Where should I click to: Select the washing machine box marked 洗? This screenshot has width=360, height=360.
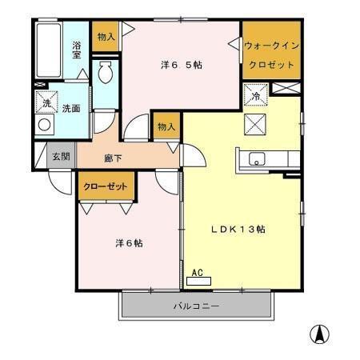point(45,102)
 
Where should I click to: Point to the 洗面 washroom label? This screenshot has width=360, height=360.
point(71,109)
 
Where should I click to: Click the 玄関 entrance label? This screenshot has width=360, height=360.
point(61,157)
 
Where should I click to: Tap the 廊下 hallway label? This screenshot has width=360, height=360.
point(112,158)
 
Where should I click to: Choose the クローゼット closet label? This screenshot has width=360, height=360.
point(105,186)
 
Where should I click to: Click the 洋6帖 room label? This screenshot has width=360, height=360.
point(127,243)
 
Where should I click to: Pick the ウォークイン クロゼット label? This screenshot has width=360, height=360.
point(271,54)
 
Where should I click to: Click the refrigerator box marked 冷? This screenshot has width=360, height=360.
point(255,94)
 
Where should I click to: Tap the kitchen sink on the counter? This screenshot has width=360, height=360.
point(258,158)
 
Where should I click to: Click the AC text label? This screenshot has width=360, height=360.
point(196,272)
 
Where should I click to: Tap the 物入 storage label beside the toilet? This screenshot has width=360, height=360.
point(106,37)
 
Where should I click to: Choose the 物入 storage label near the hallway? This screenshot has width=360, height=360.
point(166,127)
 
